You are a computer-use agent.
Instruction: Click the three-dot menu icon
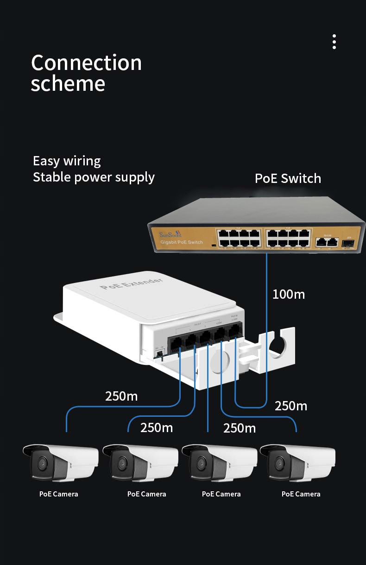pyautogui.click(x=334, y=42)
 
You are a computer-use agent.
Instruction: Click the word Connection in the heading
pyautogui.click(x=86, y=63)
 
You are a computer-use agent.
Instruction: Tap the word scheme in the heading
pyautogui.click(x=68, y=84)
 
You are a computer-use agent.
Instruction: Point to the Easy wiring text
pyautogui.click(x=67, y=161)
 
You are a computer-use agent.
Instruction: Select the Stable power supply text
pyautogui.click(x=94, y=177)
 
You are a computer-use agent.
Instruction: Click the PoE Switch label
pyautogui.click(x=288, y=178)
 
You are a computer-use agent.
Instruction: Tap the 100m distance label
pyautogui.click(x=289, y=294)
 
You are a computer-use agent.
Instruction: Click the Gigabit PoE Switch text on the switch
pyautogui.click(x=181, y=242)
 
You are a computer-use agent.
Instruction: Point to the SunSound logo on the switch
pyautogui.click(x=170, y=234)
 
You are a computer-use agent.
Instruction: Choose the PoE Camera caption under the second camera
pyautogui.click(x=146, y=494)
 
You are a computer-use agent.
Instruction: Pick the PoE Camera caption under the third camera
pyautogui.click(x=221, y=494)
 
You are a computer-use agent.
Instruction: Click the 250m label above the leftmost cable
pyautogui.click(x=121, y=396)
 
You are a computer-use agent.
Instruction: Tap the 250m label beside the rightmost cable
pyautogui.click(x=291, y=406)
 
